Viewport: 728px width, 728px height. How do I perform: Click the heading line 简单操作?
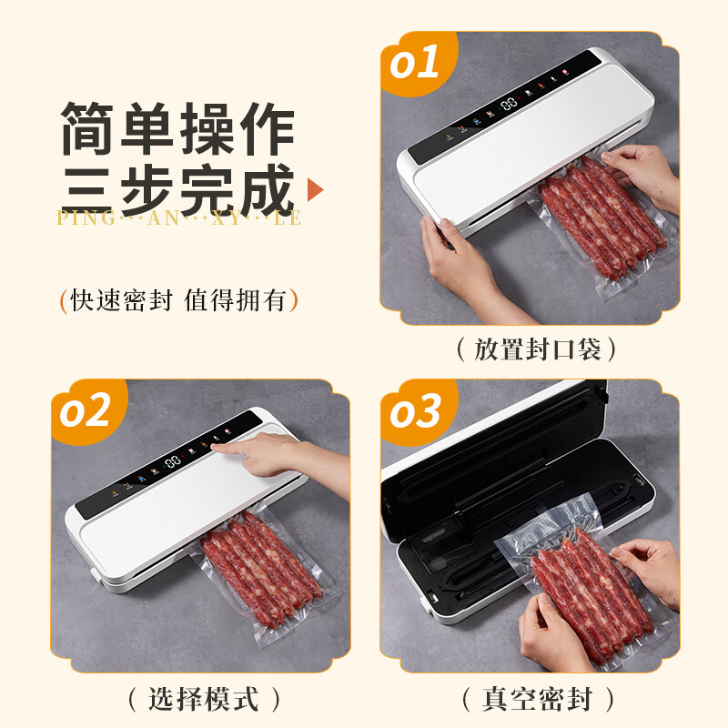(x=178, y=129)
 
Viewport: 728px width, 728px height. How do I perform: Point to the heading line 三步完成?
(x=178, y=188)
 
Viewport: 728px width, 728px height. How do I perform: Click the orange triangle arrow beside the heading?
(x=316, y=189)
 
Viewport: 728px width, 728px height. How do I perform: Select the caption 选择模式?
(x=202, y=699)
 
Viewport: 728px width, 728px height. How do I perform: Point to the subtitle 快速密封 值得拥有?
(x=178, y=300)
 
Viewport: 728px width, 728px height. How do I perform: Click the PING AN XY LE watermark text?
(x=178, y=218)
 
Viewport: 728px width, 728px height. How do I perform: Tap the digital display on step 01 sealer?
(x=508, y=105)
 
